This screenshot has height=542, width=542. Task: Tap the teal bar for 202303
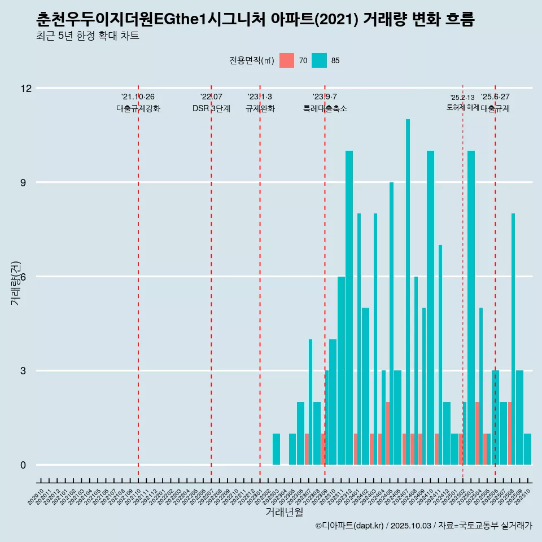276,449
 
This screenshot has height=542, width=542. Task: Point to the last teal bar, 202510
527,449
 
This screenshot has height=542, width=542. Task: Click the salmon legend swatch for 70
287,60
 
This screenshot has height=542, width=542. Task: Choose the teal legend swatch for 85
319,60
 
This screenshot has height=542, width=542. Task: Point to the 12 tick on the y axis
27,88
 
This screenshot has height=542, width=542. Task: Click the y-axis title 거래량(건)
15,283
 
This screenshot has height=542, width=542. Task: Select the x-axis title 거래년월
284,513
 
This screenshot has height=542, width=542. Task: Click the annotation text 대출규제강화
138,109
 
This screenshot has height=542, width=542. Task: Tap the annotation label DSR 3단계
211,109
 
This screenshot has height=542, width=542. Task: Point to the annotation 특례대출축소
325,109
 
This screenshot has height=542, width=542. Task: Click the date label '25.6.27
495,97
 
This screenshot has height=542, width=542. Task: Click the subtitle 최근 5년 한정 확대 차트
88,36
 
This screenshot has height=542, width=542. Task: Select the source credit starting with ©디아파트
423,526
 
